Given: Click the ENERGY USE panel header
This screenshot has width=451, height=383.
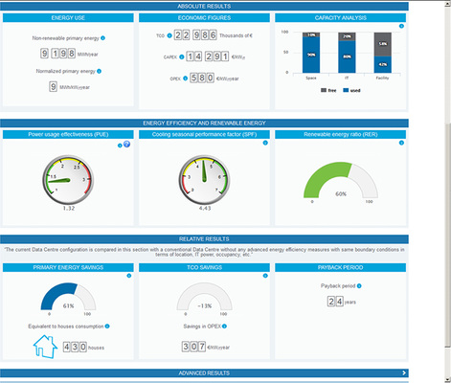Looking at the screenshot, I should (67, 18).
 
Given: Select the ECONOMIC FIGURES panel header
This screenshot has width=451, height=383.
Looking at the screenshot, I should (204, 18).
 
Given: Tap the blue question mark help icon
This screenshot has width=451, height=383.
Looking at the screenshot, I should (126, 145).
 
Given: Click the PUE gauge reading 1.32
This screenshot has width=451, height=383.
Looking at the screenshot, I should (68, 207).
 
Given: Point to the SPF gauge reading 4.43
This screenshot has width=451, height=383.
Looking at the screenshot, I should (204, 207).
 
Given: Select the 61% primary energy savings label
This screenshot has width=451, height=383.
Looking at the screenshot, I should (68, 305).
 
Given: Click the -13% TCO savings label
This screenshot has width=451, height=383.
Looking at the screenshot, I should (204, 305).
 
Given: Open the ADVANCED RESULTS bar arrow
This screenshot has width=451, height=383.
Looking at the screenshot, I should (405, 372).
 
